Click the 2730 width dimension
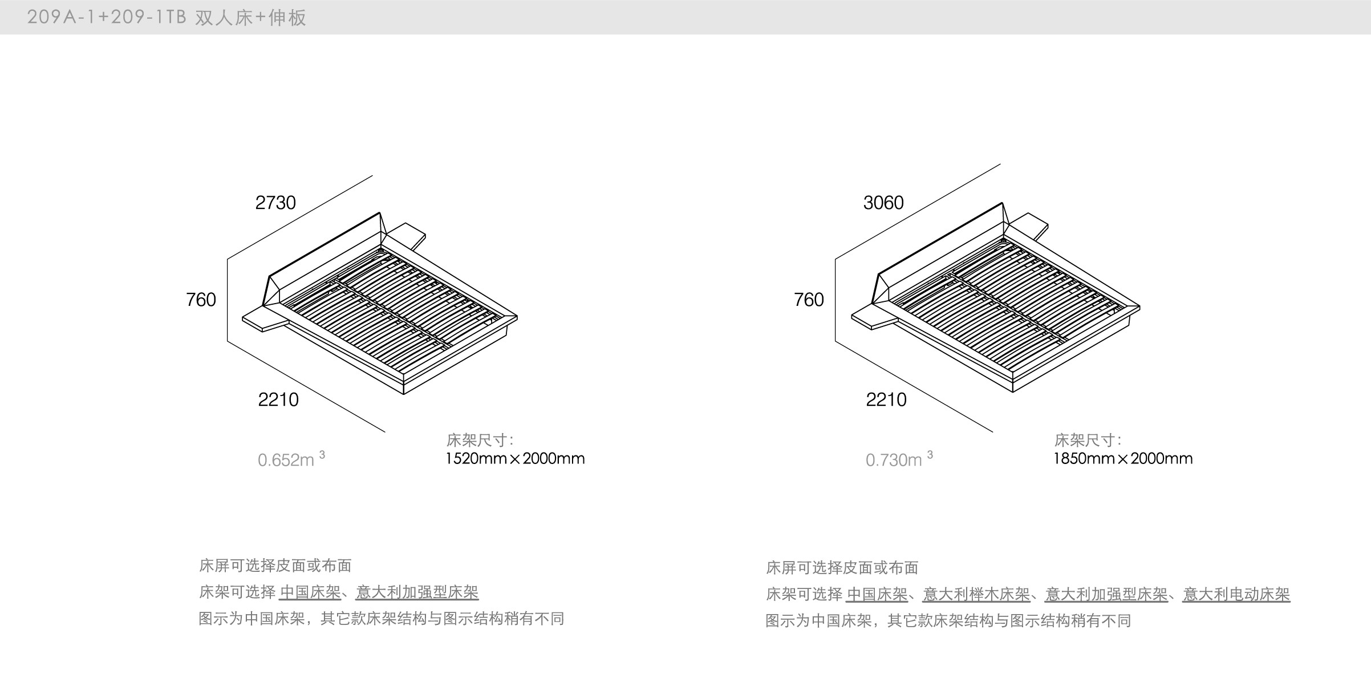275,203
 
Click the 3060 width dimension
883,203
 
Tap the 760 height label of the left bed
201,300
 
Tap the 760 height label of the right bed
809,300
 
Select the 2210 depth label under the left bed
278,400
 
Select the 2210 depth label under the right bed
886,400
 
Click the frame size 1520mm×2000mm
515,459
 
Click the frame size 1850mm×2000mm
1123,459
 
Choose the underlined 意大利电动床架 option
1236,595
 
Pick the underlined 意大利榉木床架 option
976,595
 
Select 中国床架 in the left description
310,592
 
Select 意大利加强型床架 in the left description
417,592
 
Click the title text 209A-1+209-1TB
107,18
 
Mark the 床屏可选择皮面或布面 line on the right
842,568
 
